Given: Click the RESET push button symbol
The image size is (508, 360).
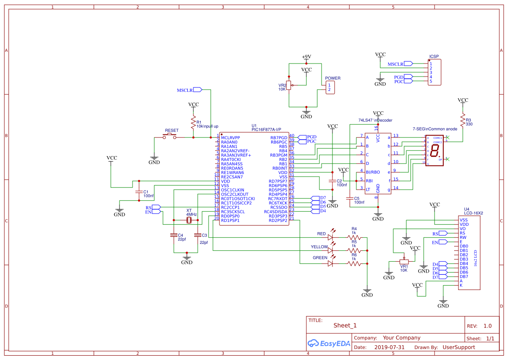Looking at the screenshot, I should [x=169, y=137].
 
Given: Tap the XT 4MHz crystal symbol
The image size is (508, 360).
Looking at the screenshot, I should [x=189, y=221].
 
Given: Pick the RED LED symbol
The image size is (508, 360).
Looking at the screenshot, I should [x=331, y=237].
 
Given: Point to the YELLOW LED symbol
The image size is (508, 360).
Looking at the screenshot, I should [x=331, y=250].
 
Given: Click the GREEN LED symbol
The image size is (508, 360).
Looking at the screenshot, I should [x=331, y=263].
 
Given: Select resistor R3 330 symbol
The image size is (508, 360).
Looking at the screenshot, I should [x=463, y=120].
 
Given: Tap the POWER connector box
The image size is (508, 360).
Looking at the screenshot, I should [x=331, y=87].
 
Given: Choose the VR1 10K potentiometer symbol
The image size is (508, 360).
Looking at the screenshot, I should [x=404, y=262].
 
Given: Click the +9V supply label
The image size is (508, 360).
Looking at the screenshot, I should [x=306, y=57].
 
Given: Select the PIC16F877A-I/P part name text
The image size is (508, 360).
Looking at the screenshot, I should [x=266, y=130].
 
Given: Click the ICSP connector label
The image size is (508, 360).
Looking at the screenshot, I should [x=434, y=57].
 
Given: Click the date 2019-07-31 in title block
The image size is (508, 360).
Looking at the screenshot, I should [x=389, y=347].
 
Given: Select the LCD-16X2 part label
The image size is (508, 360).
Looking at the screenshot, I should [x=473, y=213].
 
